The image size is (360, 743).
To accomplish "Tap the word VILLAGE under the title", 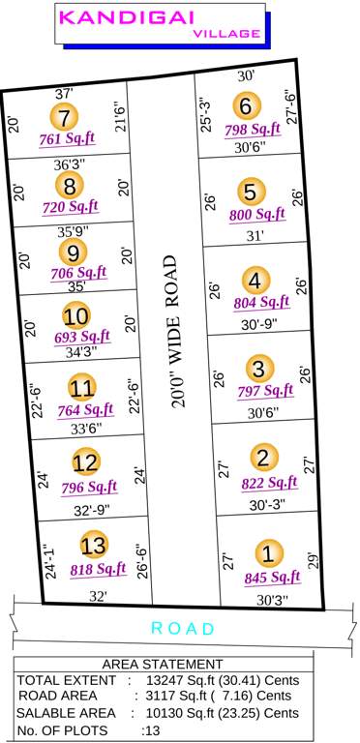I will point(226,33).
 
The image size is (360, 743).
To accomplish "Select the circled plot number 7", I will point(65,118).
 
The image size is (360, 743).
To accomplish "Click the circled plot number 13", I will point(93,544).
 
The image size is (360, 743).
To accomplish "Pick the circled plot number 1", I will point(268,554).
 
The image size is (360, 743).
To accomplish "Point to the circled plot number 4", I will point(255,282).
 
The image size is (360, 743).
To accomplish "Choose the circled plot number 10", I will point(76,315).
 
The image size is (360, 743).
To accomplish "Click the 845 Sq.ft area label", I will point(272,579).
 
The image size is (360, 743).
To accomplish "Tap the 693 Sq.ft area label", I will point(82,337).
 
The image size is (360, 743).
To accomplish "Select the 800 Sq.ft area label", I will point(257,215).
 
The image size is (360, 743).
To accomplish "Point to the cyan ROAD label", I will point(183,629).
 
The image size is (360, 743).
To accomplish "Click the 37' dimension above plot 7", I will point(64,94).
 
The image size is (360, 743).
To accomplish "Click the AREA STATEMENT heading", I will point(162,664).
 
